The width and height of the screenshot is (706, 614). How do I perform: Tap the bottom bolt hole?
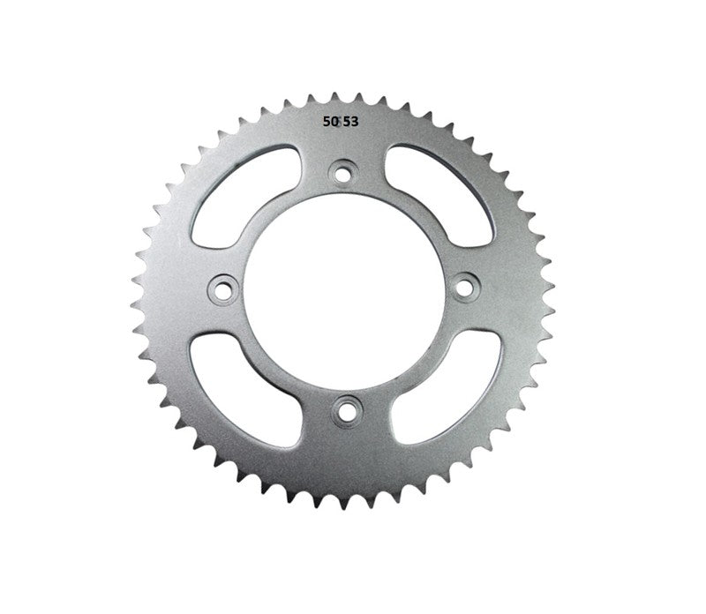(344, 407)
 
